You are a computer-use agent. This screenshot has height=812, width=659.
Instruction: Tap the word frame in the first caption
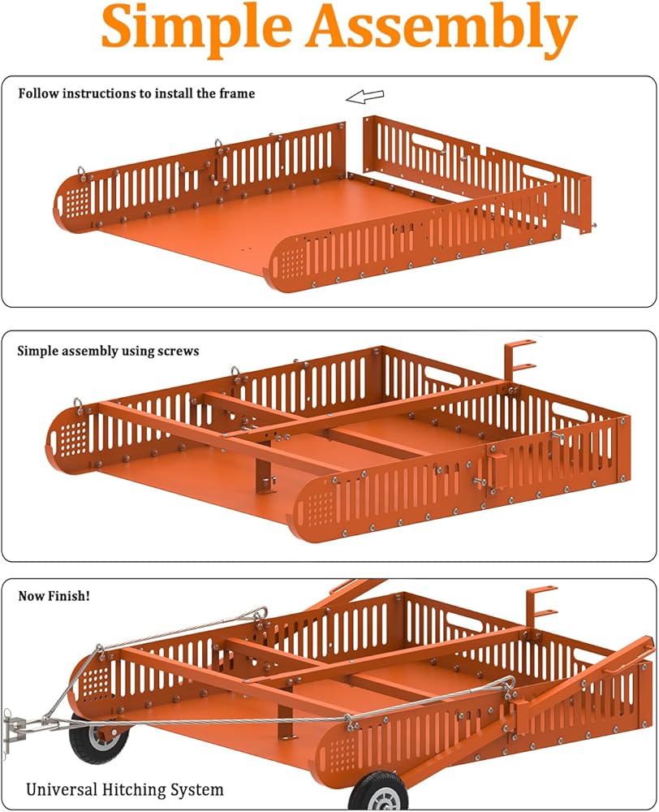[x=236, y=93]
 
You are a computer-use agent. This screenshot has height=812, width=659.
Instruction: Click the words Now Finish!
[x=54, y=596]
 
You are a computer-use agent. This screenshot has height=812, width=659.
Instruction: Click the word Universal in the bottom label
[x=61, y=788]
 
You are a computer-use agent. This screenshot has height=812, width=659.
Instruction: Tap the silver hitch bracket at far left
[x=16, y=725]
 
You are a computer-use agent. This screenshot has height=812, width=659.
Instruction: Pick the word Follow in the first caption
[x=37, y=93]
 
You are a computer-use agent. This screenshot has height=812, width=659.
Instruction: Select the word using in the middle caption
[x=136, y=352]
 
